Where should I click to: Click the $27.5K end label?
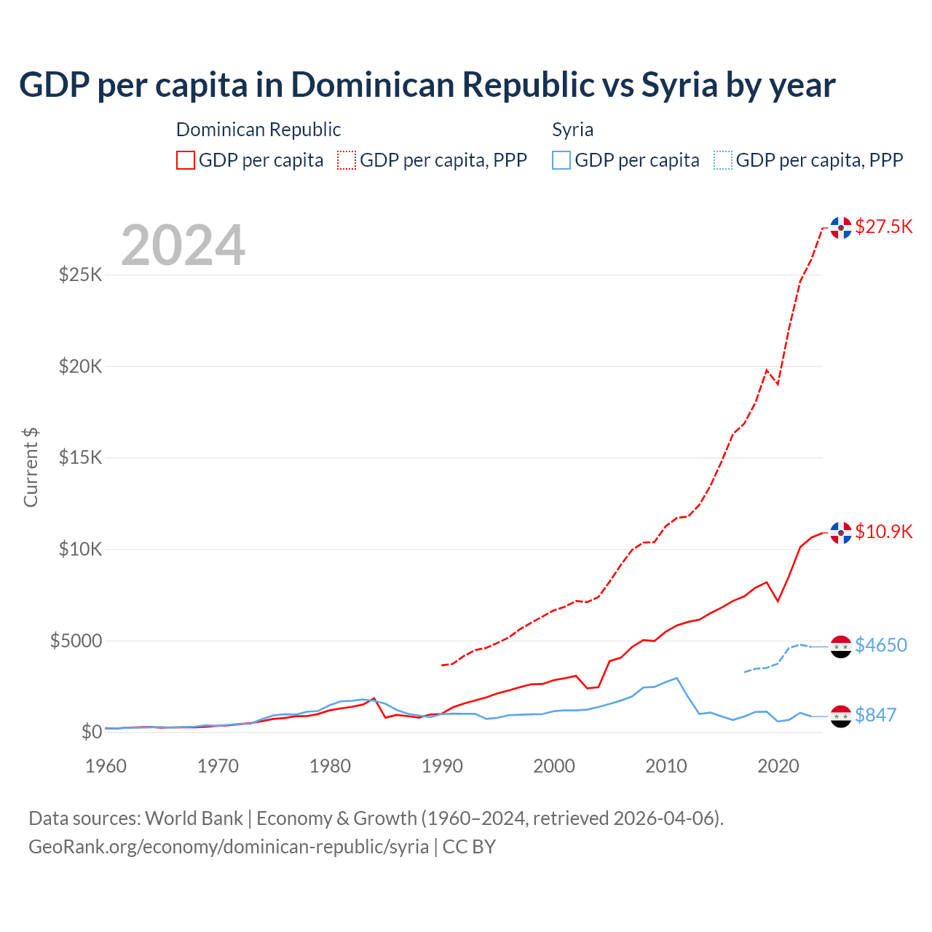(x=883, y=226)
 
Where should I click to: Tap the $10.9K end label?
(x=883, y=532)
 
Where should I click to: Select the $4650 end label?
(x=881, y=645)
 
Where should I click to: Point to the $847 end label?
(x=875, y=715)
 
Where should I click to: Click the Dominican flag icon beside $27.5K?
(x=841, y=228)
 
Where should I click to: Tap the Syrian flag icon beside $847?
(x=841, y=716)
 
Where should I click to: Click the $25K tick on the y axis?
(x=81, y=275)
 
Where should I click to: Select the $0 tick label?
(x=91, y=732)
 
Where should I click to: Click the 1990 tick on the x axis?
(x=442, y=766)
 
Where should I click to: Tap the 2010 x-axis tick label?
(x=666, y=766)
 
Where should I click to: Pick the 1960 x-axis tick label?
(x=106, y=766)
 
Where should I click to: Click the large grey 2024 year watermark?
(x=183, y=245)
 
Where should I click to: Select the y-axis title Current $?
(x=31, y=467)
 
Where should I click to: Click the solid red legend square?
(x=186, y=160)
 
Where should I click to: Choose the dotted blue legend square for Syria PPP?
(x=722, y=160)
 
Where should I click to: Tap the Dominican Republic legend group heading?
(x=258, y=130)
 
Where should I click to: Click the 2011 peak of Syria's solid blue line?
(x=677, y=678)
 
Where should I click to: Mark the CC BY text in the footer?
(x=469, y=847)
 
